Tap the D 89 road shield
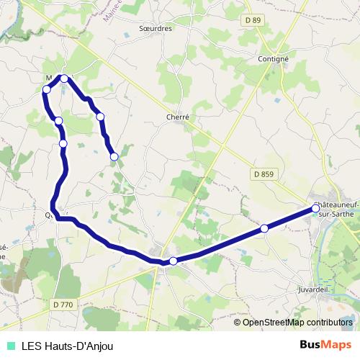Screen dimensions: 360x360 tap(252, 21)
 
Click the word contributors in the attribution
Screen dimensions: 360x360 tap(330, 322)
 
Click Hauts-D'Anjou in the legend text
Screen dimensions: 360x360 tap(81, 345)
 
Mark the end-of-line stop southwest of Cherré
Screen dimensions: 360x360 tap(114, 156)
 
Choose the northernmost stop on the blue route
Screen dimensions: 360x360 tap(64, 78)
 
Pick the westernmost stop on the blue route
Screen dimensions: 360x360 tap(47, 89)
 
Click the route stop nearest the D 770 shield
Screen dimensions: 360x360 tap(174, 261)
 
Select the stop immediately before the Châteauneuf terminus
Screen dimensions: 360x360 tap(264, 228)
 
